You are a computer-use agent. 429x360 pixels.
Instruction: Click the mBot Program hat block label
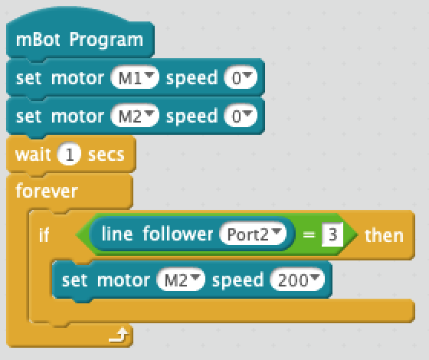(x=80, y=40)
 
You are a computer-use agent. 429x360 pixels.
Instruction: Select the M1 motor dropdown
(x=135, y=77)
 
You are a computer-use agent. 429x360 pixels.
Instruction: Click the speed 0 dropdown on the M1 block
(x=241, y=77)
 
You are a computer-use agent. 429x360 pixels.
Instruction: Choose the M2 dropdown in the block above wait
(x=135, y=116)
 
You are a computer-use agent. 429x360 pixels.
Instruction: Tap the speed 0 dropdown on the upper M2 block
(x=241, y=116)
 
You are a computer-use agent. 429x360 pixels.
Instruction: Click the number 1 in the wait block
(x=69, y=154)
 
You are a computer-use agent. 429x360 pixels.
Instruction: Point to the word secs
(x=106, y=155)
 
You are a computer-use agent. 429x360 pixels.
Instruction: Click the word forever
(x=47, y=191)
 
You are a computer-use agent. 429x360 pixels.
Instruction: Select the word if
(x=44, y=234)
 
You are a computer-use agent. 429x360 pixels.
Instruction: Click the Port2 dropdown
(x=253, y=234)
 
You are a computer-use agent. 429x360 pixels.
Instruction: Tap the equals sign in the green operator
(x=309, y=234)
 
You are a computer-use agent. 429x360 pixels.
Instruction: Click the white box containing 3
(x=332, y=234)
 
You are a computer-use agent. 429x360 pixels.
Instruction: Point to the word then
(x=384, y=235)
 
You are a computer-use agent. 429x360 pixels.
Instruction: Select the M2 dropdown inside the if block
(x=181, y=280)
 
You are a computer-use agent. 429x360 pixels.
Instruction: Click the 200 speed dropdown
(x=297, y=280)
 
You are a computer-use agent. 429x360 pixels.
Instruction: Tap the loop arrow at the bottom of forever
(x=119, y=335)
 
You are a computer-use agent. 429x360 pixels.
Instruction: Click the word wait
(x=33, y=155)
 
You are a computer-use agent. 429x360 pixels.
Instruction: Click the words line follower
(x=157, y=234)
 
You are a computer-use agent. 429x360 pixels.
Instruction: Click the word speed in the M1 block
(x=192, y=79)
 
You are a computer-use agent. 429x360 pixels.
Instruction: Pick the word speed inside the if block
(x=237, y=280)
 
